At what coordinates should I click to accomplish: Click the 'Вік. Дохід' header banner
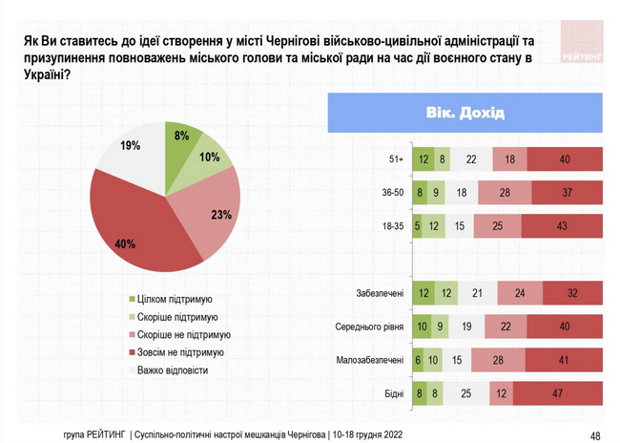465,113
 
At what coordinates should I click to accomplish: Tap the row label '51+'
395,159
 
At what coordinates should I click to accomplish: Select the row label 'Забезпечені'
382,294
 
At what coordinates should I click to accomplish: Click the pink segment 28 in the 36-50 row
504,193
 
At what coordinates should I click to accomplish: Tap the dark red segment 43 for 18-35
562,226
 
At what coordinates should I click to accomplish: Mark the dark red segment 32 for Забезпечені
572,294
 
